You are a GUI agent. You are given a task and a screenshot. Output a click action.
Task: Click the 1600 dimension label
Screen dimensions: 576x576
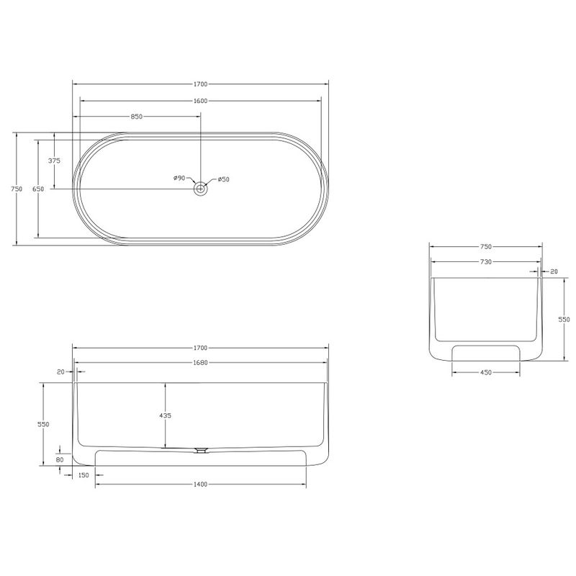pos(201,101)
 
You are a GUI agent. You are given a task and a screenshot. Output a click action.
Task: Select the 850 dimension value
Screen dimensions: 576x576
pos(136,117)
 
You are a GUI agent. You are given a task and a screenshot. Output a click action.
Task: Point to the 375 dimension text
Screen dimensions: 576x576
pos(55,161)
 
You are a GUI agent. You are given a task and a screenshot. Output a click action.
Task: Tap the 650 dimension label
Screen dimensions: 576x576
pos(38,189)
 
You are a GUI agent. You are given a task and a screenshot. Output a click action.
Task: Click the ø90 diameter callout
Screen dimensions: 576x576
pos(179,178)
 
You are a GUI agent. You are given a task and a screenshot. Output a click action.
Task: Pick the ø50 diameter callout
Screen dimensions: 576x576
pos(223,179)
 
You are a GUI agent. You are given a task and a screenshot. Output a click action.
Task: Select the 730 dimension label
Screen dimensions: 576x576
pos(485,262)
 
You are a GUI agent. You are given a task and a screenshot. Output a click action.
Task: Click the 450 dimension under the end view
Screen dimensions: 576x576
pos(485,372)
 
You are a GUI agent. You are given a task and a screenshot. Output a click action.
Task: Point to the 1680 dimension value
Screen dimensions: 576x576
pos(201,363)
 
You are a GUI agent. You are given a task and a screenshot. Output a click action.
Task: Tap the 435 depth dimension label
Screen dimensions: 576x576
pos(166,416)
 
